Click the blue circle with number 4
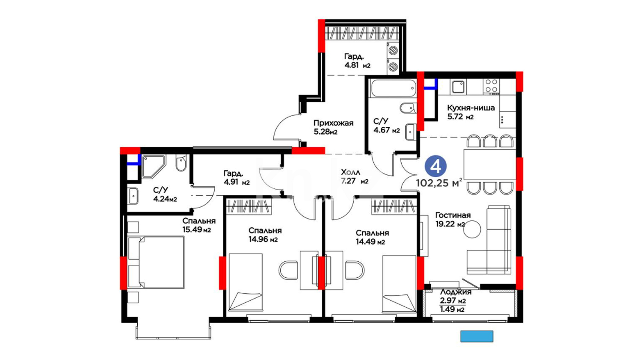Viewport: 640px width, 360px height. click(x=436, y=166)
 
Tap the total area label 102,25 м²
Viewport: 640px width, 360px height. click(x=439, y=183)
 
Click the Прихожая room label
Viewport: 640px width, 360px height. click(x=333, y=123)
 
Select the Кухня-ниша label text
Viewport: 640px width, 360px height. click(x=471, y=108)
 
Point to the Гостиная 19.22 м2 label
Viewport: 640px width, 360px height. click(x=452, y=220)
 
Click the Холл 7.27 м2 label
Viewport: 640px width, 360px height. click(x=354, y=177)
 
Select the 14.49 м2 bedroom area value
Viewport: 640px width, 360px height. click(x=370, y=242)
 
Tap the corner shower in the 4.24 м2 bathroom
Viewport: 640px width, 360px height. click(x=153, y=167)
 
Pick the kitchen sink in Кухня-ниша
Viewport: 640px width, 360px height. click(x=458, y=87)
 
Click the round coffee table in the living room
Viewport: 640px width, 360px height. click(x=472, y=229)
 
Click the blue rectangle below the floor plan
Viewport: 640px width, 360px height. click(x=477, y=336)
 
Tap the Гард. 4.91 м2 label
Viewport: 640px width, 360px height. click(x=236, y=178)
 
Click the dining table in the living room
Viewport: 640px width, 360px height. click(x=490, y=164)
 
